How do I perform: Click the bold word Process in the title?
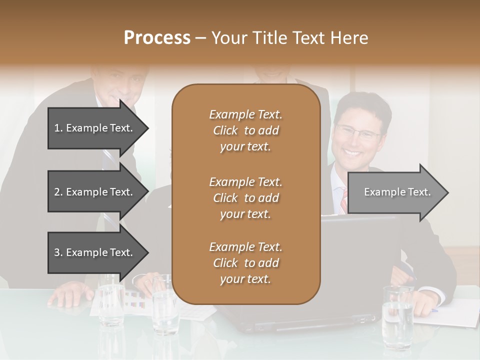[x=157, y=38]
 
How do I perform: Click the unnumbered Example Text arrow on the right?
[x=397, y=192]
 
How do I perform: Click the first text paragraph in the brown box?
[x=245, y=130]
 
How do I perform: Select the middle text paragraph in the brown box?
[x=245, y=198]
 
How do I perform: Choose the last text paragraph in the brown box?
[x=245, y=263]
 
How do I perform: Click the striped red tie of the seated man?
[x=343, y=200]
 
